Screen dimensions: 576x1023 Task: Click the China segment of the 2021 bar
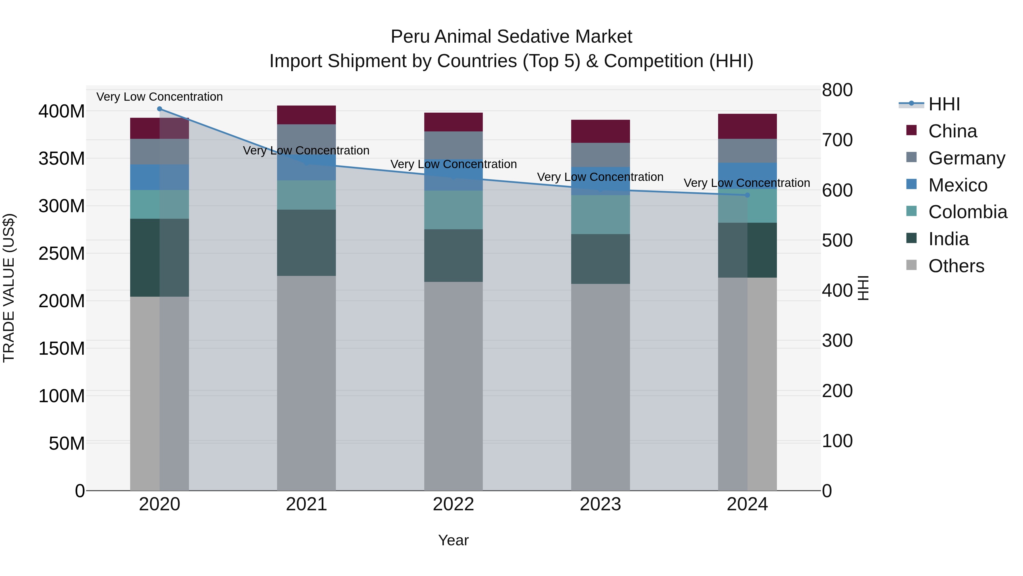(306, 115)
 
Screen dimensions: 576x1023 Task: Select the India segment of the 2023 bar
(600, 259)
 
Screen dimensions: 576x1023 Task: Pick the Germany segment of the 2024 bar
(747, 151)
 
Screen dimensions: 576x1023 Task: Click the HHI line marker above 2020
(160, 109)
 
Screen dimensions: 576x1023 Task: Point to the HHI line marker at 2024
(747, 195)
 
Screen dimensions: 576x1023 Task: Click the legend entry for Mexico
(957, 185)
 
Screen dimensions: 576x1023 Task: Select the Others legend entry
(956, 266)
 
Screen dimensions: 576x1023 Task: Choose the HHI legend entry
(944, 104)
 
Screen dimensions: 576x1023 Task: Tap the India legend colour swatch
(911, 239)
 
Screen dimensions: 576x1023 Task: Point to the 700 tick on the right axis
(837, 140)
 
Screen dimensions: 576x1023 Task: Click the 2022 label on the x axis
(453, 504)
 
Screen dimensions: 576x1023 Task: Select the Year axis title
(453, 540)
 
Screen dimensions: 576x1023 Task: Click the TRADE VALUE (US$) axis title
(9, 288)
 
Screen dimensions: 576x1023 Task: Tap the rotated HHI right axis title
(863, 288)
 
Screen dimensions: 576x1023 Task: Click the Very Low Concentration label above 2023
(600, 177)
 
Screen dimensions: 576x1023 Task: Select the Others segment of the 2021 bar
(306, 383)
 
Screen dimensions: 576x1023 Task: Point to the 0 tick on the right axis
(827, 491)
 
